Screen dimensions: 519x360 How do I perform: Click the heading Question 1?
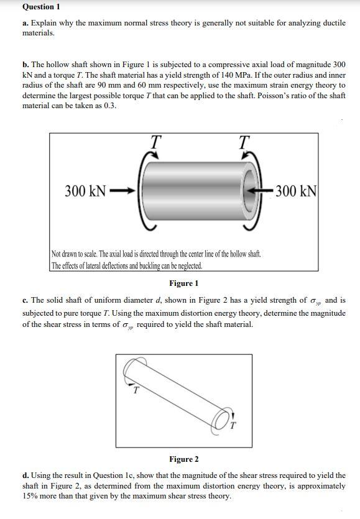tap(42, 7)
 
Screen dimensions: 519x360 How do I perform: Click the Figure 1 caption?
tap(183, 283)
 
